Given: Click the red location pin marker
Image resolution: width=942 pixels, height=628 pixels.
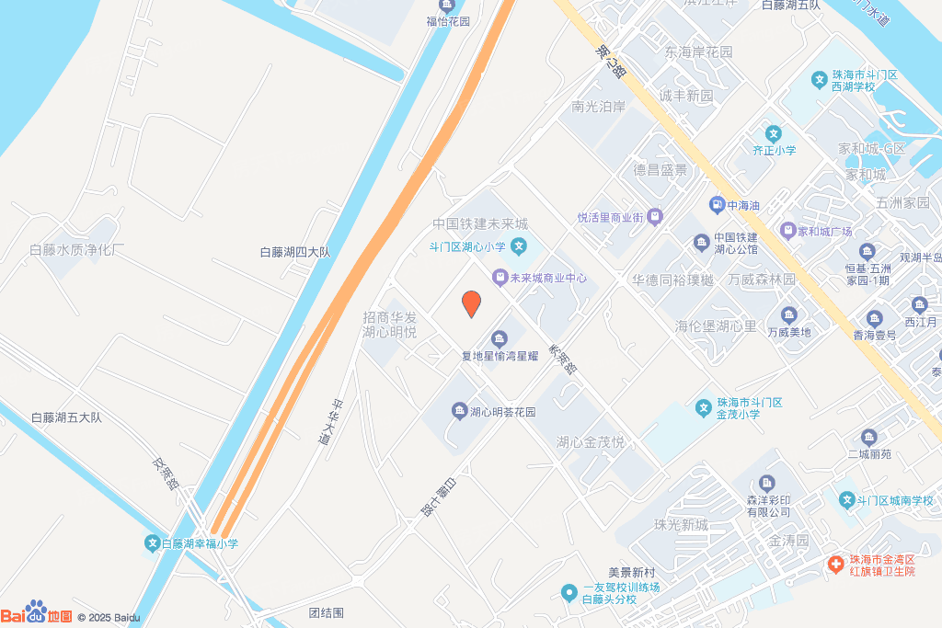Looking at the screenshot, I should coord(471,303).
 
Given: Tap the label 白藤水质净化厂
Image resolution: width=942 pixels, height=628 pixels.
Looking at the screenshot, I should coord(77,250).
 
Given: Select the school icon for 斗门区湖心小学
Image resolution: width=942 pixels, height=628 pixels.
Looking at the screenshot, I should coord(520,245).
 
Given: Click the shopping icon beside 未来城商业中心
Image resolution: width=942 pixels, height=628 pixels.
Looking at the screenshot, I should coord(499,277).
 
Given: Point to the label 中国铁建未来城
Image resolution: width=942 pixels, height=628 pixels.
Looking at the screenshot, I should coord(481,224).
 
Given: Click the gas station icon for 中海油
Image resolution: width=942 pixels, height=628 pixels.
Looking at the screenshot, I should coord(718,204).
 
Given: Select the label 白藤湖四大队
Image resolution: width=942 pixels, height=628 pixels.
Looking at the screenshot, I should coord(294,251).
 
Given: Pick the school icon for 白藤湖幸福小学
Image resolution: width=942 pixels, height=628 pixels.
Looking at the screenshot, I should coord(152,543).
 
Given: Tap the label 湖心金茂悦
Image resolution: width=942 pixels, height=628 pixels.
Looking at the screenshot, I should coord(591,442).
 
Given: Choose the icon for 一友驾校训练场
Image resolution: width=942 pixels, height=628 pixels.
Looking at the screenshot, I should coord(571,588).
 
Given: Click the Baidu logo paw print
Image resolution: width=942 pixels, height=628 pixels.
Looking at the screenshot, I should coord(37,610).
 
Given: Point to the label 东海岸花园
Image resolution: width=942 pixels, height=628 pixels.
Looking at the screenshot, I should coord(699,52).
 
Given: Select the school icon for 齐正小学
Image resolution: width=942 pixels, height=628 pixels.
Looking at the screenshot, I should coord(774,133).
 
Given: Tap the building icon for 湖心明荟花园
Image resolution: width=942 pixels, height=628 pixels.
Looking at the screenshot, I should coord(459,411).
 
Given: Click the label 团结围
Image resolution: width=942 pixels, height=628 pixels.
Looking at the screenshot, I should coord(326,612).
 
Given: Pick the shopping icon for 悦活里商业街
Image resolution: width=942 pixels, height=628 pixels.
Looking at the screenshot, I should coord(654,218).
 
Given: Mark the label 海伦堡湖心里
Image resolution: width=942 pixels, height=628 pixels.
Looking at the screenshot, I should coord(716,326).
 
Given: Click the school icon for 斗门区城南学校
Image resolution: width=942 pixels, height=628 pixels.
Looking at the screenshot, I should coord(847,500).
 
